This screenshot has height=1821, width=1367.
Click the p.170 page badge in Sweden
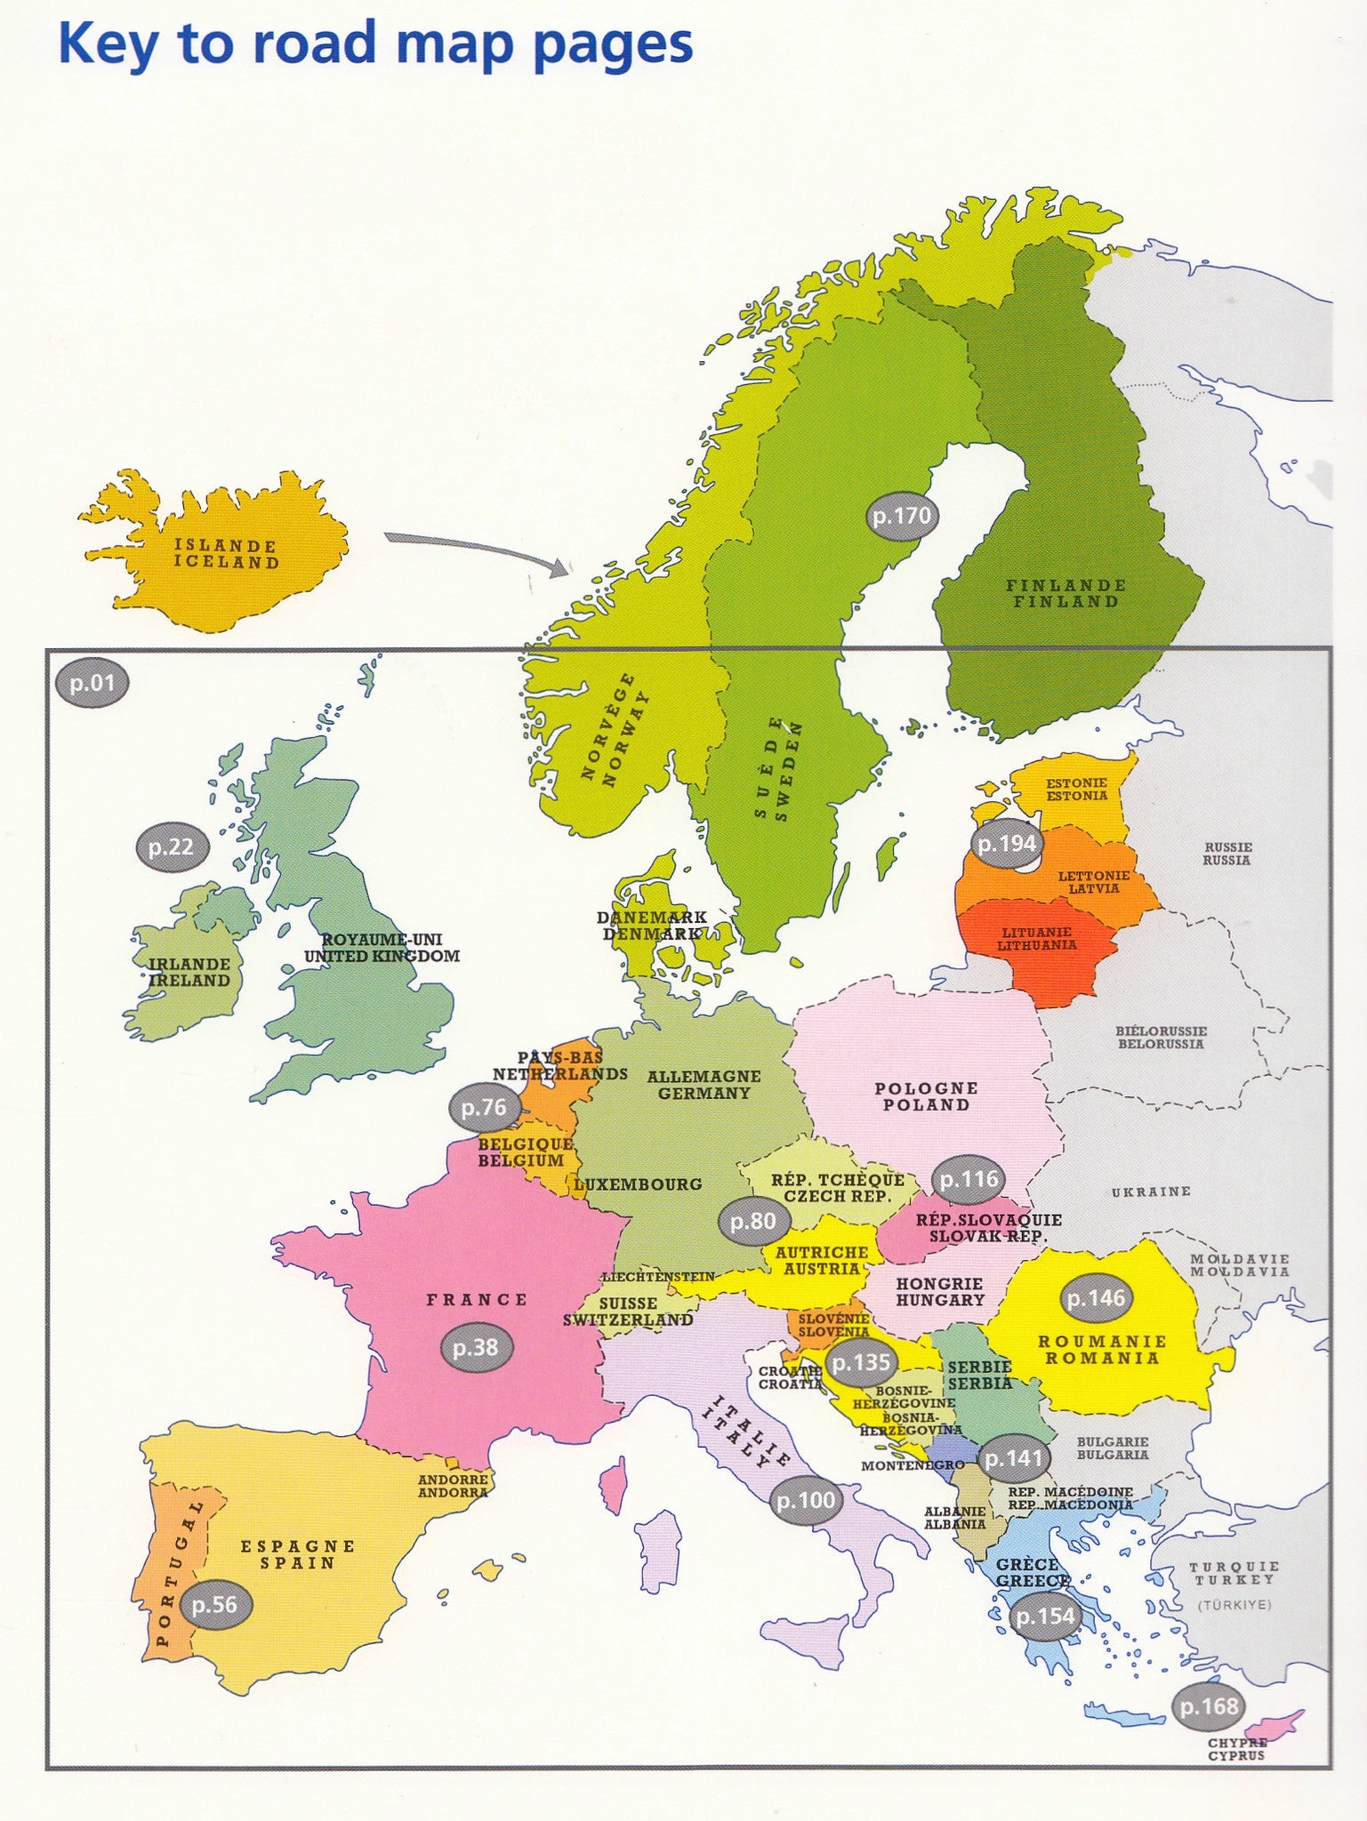point(901,516)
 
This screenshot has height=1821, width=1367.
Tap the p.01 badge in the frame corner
point(92,684)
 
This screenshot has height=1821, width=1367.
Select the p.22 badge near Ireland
point(171,847)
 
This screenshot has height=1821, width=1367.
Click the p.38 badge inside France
point(475,1348)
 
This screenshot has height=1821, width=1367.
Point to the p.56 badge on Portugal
point(214,1605)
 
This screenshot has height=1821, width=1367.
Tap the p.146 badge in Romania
point(1096,1298)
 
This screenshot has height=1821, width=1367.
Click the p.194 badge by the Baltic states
point(1006,844)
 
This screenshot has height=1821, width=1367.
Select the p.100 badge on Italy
point(806,1501)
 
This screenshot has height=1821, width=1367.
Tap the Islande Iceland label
point(226,554)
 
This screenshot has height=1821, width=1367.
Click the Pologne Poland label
point(926,1096)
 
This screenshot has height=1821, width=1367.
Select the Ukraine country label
point(1151,1191)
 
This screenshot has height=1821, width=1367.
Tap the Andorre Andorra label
point(453,1486)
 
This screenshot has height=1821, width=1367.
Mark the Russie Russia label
point(1226,854)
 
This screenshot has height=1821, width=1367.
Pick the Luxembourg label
point(638,1184)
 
